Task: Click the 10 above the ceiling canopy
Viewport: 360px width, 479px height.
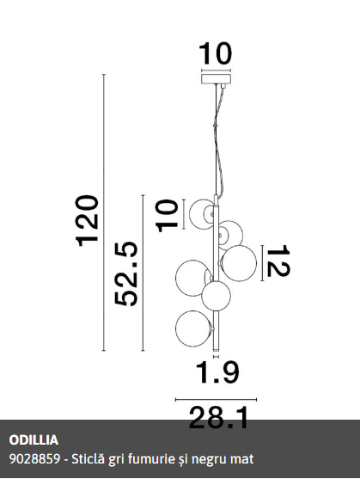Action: [216, 53]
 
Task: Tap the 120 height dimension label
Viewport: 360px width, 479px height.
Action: [88, 220]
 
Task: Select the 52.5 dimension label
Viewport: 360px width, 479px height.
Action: [126, 273]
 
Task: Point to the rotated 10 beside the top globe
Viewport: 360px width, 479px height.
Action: [167, 216]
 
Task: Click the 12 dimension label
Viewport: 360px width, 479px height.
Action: [278, 261]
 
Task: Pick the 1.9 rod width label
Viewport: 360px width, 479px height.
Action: [217, 372]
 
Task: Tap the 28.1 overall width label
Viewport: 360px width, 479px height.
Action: [218, 417]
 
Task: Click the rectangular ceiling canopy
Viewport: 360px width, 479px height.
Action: [216, 79]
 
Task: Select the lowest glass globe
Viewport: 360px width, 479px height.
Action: [193, 329]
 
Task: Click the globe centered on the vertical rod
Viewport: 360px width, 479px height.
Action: [216, 296]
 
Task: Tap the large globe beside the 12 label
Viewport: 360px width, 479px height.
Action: [239, 263]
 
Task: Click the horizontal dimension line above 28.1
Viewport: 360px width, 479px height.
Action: [216, 399]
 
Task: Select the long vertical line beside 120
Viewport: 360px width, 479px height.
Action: [104, 212]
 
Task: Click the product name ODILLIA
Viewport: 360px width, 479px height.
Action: [34, 440]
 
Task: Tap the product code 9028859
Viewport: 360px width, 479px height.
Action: [34, 459]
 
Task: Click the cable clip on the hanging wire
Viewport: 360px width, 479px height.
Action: [216, 126]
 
